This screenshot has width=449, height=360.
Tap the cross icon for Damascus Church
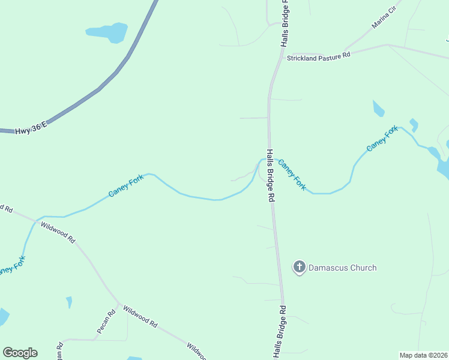pos(299,267)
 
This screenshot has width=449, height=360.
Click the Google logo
pos(20,353)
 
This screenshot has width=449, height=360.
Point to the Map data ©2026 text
pos(423,355)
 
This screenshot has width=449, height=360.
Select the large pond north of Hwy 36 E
pos(109,31)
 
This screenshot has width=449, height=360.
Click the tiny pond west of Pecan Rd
pos(69,302)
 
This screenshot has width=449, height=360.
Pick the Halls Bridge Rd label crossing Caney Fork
pos(271,175)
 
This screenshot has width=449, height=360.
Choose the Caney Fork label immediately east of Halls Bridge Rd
pos(293,175)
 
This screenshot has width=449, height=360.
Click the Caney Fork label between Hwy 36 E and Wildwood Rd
pos(125,185)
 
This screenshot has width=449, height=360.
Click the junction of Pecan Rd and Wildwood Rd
pos(118,303)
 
